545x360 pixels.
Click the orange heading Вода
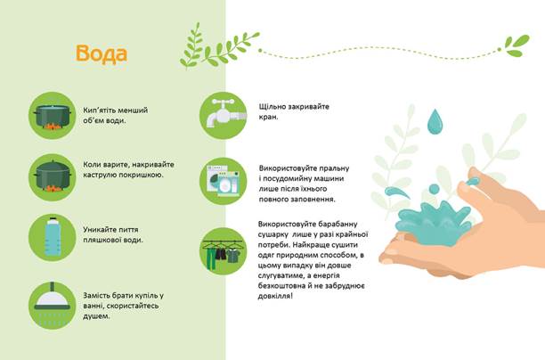102,54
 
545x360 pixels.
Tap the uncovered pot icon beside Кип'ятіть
53,116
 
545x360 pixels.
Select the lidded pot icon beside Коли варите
53,177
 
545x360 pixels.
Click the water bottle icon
53,238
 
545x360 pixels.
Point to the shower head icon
53,306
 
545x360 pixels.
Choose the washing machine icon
224,181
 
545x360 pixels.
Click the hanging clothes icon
224,251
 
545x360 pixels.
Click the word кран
268,118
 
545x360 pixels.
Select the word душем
96,316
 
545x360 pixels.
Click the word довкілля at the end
275,297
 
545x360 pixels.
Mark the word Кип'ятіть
99,110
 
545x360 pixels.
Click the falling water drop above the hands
435,121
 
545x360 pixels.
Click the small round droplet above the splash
434,189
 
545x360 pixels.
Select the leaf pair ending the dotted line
517,45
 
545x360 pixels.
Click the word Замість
97,296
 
